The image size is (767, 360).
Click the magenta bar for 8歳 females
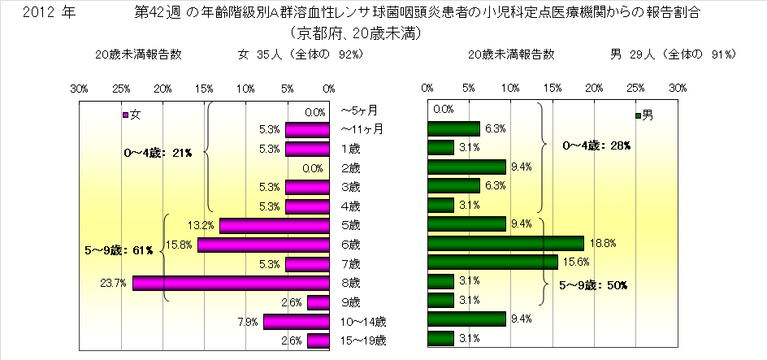tap(231, 283)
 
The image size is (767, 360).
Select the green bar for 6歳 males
tap(505, 244)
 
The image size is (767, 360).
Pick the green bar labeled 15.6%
tap(492, 262)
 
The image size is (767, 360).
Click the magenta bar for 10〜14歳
tap(296, 321)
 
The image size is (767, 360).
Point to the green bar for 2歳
tap(466, 167)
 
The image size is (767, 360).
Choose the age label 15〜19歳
tap(363, 340)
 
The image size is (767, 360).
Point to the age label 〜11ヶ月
tap(361, 128)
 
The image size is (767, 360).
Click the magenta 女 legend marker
tap(125, 115)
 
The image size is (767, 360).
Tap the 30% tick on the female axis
tap(80, 88)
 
